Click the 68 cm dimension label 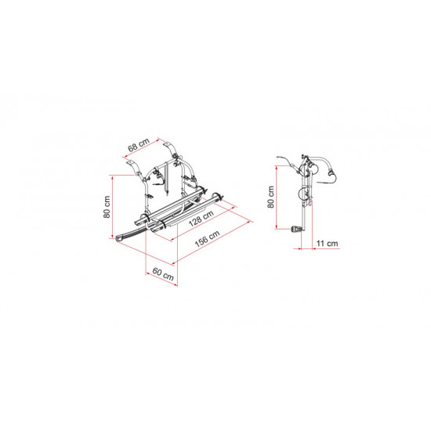139,145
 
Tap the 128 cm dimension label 201,219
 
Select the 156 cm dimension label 207,238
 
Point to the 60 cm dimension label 163,274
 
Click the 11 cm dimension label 327,243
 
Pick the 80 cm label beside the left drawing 107,207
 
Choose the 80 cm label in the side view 271,197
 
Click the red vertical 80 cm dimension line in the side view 276,197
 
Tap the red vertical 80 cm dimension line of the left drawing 112,207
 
